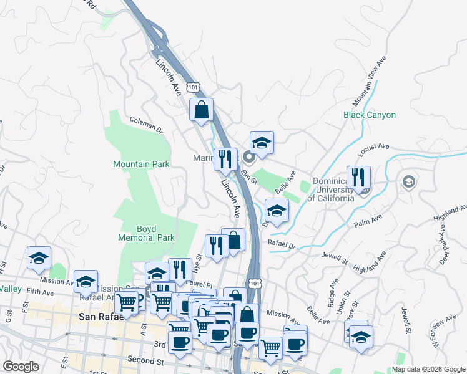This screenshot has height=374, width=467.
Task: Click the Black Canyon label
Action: tap(370, 115)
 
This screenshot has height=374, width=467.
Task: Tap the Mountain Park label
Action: tap(141, 165)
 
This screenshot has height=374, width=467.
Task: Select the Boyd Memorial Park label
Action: tap(147, 233)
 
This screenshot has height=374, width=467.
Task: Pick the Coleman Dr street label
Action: tap(146, 125)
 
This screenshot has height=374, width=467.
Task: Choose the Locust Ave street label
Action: tap(373, 147)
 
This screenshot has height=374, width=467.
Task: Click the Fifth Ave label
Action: tap(41, 291)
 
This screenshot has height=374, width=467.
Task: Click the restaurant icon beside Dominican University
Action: tap(358, 176)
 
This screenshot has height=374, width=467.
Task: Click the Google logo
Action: tap(21, 367)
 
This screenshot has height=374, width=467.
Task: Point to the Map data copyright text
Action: tap(428, 369)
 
